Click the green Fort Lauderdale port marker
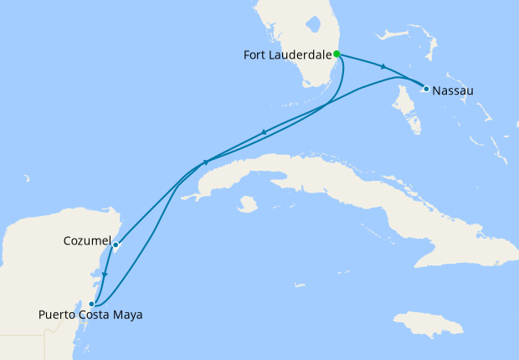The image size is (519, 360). (x=337, y=54)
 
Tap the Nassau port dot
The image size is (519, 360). (x=426, y=89)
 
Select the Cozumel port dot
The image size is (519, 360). (x=116, y=245)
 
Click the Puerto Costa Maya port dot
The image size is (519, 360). (x=92, y=304)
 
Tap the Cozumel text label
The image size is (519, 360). (x=87, y=241)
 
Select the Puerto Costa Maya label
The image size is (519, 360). (x=90, y=316)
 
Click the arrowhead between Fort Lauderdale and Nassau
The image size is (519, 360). (x=383, y=67)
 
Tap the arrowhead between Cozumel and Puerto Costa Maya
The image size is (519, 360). (x=104, y=273)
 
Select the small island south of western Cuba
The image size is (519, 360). (x=246, y=203)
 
